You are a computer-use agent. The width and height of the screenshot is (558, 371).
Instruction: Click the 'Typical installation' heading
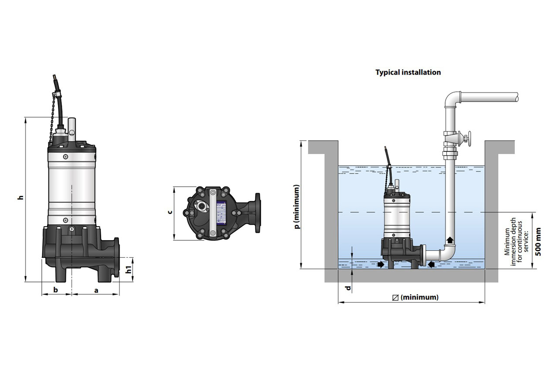(x=408, y=72)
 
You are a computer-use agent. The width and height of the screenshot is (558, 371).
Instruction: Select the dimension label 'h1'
(x=129, y=270)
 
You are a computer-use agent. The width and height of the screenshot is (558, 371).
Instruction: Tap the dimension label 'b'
(x=55, y=289)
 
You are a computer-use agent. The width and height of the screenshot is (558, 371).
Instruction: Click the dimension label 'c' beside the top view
(x=170, y=212)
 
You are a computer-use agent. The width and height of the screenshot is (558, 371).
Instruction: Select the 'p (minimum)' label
(x=297, y=207)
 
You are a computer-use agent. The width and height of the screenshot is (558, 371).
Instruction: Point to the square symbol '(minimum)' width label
(x=415, y=297)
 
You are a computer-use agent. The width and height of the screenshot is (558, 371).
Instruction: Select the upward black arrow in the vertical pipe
(x=449, y=240)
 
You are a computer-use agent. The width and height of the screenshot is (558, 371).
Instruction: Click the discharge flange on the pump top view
(x=256, y=213)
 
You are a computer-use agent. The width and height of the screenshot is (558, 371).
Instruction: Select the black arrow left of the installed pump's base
(x=381, y=265)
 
